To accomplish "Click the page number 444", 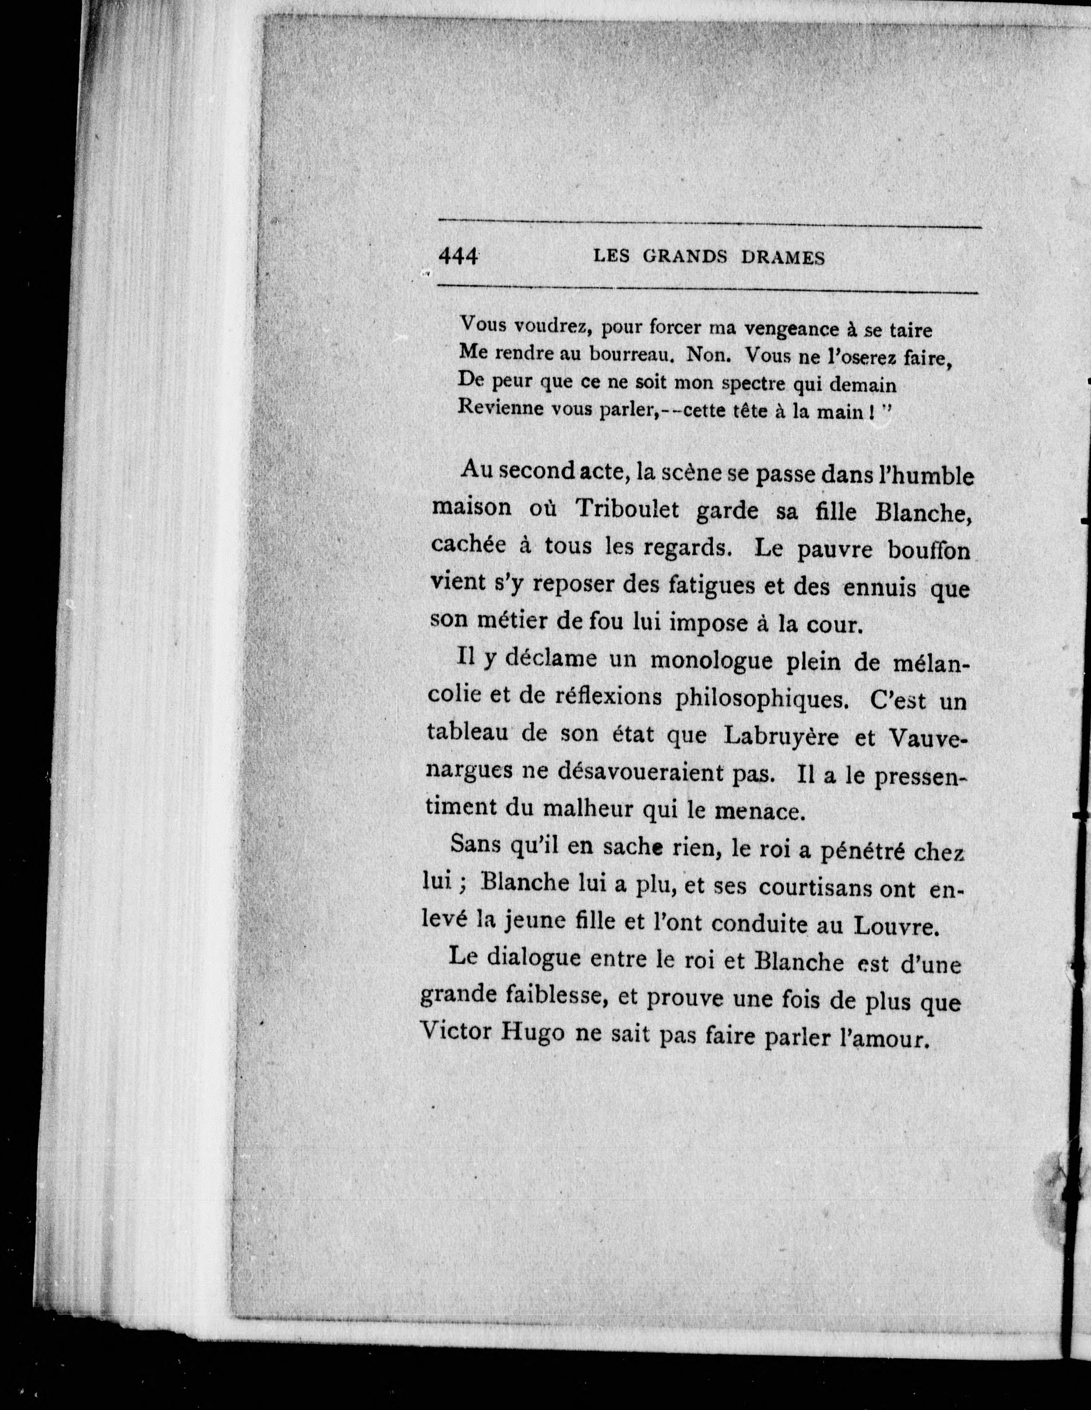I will [x=458, y=256].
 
